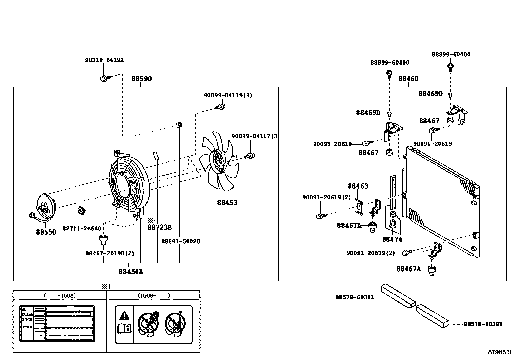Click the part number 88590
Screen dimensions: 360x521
pyautogui.click(x=141, y=79)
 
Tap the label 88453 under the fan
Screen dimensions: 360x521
pyautogui.click(x=227, y=203)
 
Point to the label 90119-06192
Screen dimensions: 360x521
pyautogui.click(x=104, y=60)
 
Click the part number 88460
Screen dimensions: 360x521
pyautogui.click(x=408, y=79)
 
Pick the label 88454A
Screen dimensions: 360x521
pyautogui.click(x=131, y=272)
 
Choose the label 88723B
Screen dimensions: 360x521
pyautogui.click(x=159, y=227)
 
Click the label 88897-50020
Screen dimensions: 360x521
pyautogui.click(x=180, y=241)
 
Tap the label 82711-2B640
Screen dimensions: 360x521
pyautogui.click(x=82, y=228)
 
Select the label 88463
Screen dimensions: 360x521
pyautogui.click(x=358, y=186)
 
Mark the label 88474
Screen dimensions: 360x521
pyautogui.click(x=392, y=239)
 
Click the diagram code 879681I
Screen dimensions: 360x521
pyautogui.click(x=499, y=352)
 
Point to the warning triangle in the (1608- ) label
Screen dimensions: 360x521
pyautogui.click(x=124, y=316)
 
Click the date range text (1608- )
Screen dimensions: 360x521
pyautogui.click(x=153, y=295)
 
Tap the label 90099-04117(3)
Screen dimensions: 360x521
pyautogui.click(x=256, y=136)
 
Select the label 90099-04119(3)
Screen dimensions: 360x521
pyautogui.click(x=228, y=95)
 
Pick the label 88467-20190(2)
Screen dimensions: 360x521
pyautogui.click(x=110, y=253)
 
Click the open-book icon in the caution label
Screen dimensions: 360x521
pyautogui.click(x=124, y=328)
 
